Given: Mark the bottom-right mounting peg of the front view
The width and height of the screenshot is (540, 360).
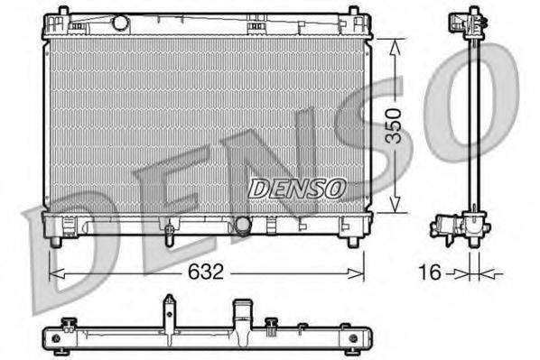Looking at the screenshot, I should [x=352, y=242].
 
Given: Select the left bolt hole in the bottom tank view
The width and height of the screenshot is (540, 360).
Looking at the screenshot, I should [x=57, y=337].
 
